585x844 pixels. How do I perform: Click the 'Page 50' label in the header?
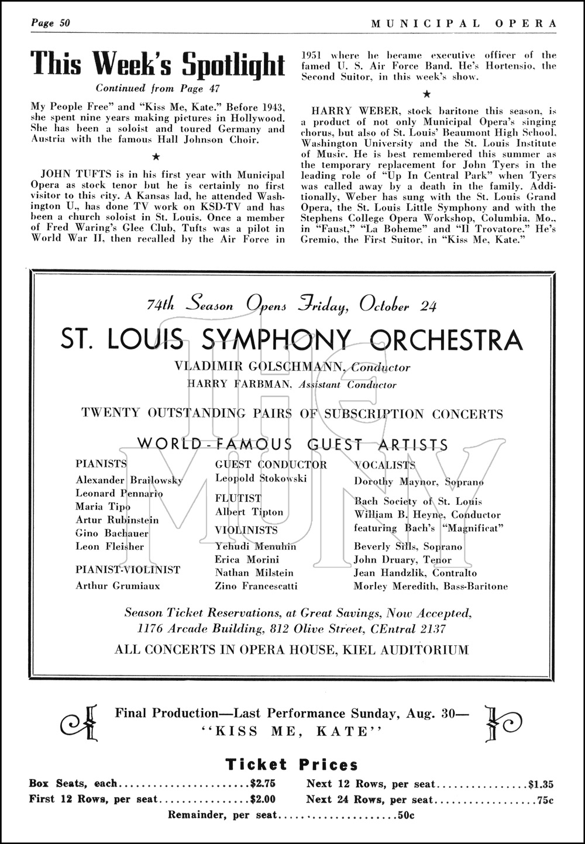[50, 23]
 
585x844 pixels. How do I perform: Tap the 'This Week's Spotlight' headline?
[157, 63]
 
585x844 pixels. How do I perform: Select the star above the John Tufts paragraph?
[156, 156]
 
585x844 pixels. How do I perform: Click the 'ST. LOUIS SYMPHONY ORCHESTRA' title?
[292, 340]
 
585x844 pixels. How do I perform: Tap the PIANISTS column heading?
[101, 464]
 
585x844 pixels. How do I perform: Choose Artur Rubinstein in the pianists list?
[117, 520]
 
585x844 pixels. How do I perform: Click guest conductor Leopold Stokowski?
[261, 478]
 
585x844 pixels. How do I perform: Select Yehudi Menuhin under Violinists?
[256, 546]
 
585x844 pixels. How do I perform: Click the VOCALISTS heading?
[384, 465]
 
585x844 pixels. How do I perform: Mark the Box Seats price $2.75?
[263, 784]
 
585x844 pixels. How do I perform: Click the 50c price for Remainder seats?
[406, 815]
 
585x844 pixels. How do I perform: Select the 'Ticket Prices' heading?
[292, 764]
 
